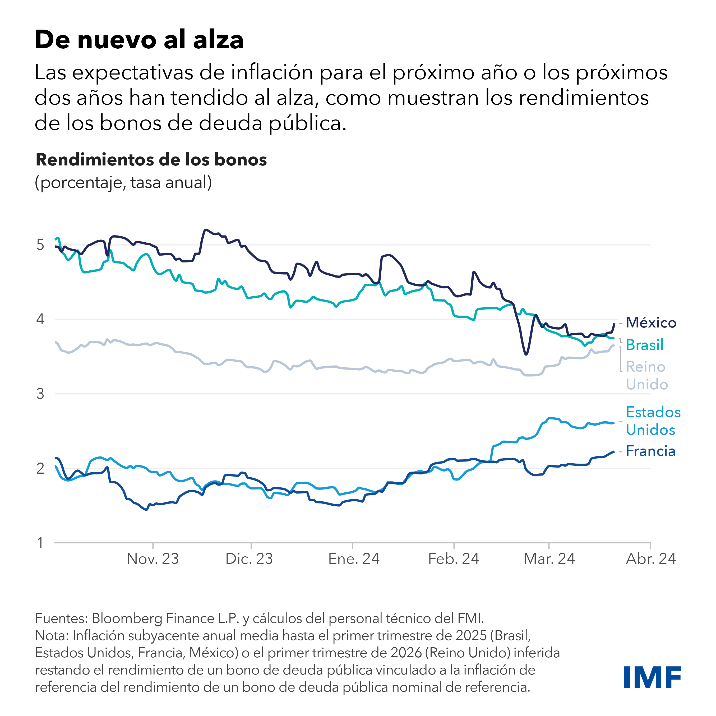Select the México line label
[x=651, y=323]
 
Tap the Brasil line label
[x=644, y=345]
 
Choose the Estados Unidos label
[x=653, y=421]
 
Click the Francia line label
[x=650, y=451]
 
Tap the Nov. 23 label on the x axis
[x=153, y=559]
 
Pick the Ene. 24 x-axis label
[x=354, y=559]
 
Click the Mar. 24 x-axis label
[x=549, y=559]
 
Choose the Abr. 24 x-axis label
[x=651, y=559]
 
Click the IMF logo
[x=653, y=677]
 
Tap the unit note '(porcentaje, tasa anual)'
[x=123, y=182]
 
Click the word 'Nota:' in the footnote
[x=52, y=636]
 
